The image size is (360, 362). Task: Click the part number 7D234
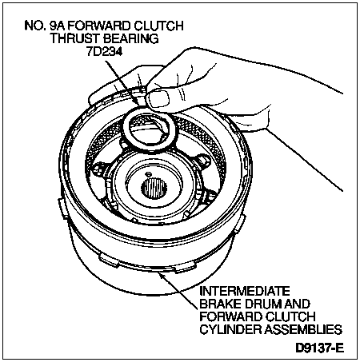(105, 51)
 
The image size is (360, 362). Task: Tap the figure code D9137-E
(320, 348)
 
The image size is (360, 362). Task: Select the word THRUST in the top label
(76, 38)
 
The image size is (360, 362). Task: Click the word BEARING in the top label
(131, 38)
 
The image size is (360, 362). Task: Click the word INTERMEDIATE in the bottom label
(245, 291)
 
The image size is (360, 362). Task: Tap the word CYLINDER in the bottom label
(231, 329)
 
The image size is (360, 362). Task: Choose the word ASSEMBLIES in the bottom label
(304, 329)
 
